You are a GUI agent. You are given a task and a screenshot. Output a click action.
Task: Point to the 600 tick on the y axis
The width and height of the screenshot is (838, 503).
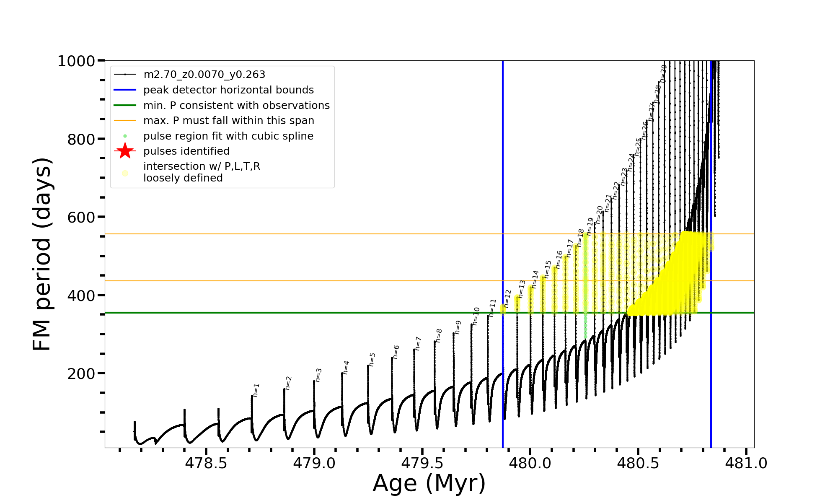tap(81, 217)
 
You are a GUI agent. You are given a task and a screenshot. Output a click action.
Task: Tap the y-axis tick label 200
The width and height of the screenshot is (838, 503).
tap(81, 373)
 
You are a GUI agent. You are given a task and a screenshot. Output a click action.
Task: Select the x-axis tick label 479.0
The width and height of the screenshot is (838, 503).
tap(314, 463)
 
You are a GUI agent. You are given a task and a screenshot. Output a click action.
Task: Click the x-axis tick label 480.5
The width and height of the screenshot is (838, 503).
tap(638, 463)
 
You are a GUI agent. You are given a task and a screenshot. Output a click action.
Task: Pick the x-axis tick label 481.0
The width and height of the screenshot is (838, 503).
tap(746, 463)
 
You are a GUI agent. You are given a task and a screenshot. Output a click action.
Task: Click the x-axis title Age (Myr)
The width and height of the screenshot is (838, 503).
tap(429, 483)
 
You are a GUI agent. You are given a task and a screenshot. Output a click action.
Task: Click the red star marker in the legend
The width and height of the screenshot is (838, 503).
tap(125, 151)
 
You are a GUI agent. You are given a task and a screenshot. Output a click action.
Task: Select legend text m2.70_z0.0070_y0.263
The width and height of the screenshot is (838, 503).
tap(204, 75)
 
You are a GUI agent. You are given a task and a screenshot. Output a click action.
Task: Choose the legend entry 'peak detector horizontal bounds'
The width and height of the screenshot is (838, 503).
tap(228, 90)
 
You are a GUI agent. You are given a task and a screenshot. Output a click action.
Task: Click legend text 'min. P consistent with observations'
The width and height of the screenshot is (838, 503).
tap(236, 105)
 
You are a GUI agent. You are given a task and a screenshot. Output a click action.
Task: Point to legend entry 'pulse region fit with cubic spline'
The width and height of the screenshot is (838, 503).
tap(228, 136)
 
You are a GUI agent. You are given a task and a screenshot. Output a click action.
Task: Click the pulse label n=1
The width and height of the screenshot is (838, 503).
tap(256, 390)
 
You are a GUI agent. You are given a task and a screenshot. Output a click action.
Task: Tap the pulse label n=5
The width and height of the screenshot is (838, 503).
tap(372, 359)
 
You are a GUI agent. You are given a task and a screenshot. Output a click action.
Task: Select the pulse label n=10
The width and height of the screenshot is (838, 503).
tap(476, 316)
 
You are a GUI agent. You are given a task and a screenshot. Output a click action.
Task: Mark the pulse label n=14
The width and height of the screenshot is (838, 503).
tap(535, 279)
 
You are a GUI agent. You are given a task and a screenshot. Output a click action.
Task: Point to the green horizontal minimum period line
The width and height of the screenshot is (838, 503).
tap(293, 313)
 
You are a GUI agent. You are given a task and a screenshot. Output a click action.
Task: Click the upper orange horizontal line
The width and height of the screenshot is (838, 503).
tap(293, 234)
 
